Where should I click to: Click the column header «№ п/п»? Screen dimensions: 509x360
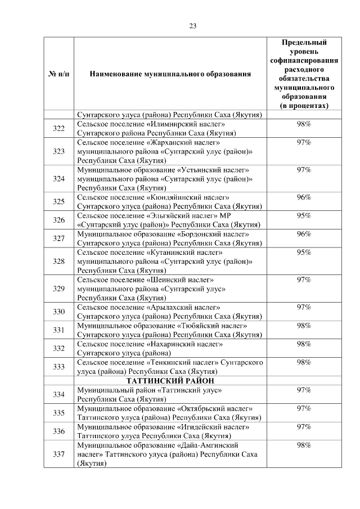(x=58, y=74)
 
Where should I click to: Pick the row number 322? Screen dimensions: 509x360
(x=58, y=129)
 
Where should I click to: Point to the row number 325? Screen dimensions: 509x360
(x=58, y=201)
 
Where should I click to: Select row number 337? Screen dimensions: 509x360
(x=58, y=455)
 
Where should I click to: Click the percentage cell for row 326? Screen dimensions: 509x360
(x=304, y=215)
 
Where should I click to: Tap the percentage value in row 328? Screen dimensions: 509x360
(x=304, y=253)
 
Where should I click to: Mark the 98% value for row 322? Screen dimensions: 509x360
(x=304, y=124)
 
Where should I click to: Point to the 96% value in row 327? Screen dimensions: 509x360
(x=304, y=234)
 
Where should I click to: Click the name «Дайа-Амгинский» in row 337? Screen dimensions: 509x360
(x=210, y=445)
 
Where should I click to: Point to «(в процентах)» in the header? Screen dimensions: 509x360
(x=304, y=106)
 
